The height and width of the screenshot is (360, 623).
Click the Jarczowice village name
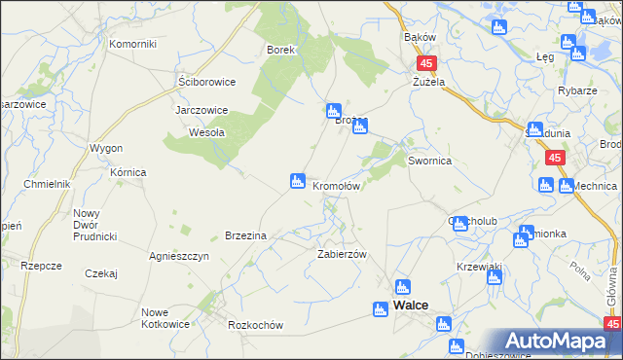tap(202, 110)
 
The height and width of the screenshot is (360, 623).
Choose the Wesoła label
tap(207, 132)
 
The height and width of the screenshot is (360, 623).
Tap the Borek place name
tap(280, 49)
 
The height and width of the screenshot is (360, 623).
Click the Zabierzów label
tap(341, 253)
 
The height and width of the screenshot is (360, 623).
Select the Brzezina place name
tap(246, 235)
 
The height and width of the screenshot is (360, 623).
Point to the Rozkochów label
tap(254, 326)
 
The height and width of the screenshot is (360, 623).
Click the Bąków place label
tap(420, 37)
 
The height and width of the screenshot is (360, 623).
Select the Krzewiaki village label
tap(478, 267)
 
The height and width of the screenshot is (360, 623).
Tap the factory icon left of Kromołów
tap(297, 181)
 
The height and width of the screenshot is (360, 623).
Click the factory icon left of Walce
tap(381, 308)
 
